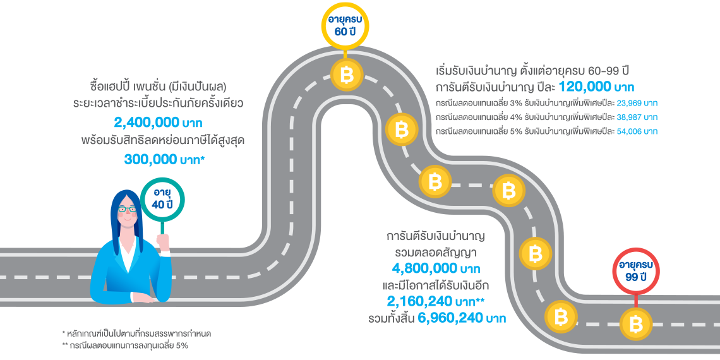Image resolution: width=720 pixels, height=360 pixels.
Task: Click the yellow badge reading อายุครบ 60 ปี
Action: pos(345,27)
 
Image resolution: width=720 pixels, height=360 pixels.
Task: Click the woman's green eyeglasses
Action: pos(127,209)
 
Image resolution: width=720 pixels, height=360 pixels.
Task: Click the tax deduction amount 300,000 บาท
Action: pos(165,159)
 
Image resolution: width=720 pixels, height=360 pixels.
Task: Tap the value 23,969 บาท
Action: pos(637,102)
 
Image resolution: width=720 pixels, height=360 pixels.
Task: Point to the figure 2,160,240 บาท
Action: pos(436,301)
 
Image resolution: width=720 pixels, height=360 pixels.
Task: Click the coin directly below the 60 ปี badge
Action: pos(347,75)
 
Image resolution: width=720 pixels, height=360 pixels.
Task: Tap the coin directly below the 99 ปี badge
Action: pos(636,324)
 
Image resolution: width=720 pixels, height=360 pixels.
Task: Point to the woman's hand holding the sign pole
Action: pos(165,242)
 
